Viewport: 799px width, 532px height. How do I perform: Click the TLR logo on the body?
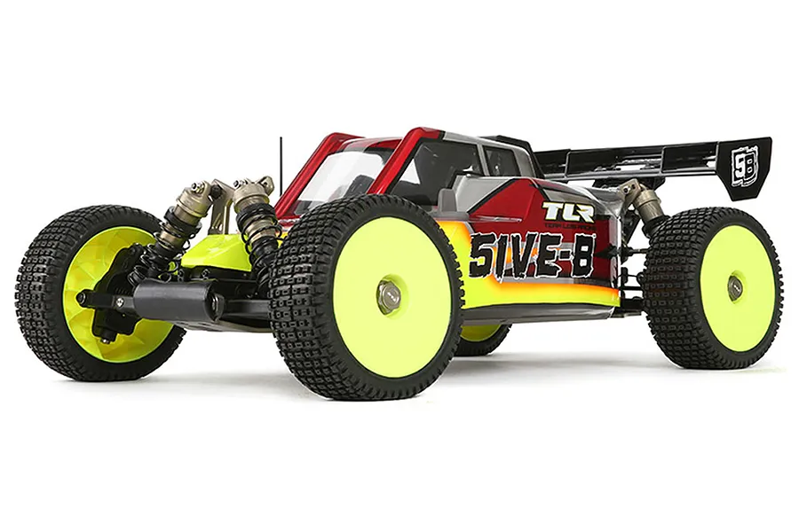click(x=569, y=212)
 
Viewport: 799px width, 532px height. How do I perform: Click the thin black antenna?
click(x=281, y=164)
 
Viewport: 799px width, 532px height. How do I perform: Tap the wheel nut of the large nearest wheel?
click(x=387, y=297)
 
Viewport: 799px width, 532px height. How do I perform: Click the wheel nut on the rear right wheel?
click(x=734, y=286)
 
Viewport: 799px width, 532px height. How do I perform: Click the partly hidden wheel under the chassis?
click(x=482, y=337)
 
